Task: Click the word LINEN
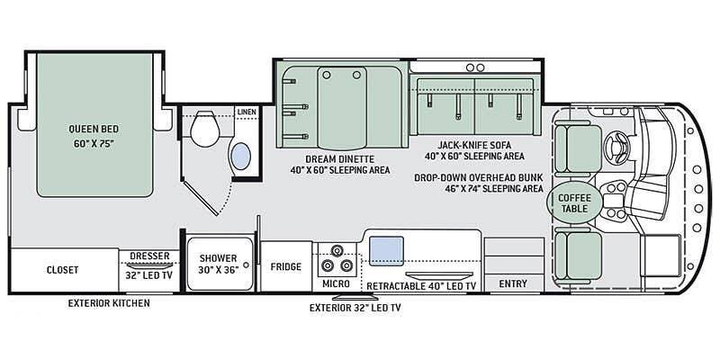(x=245, y=112)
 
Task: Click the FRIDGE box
(x=285, y=266)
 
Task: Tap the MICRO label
(x=337, y=284)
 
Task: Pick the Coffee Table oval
(x=572, y=202)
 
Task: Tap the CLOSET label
(x=62, y=270)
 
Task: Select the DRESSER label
(x=149, y=256)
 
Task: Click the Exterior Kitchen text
(x=109, y=303)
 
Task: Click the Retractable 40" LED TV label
(x=420, y=285)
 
